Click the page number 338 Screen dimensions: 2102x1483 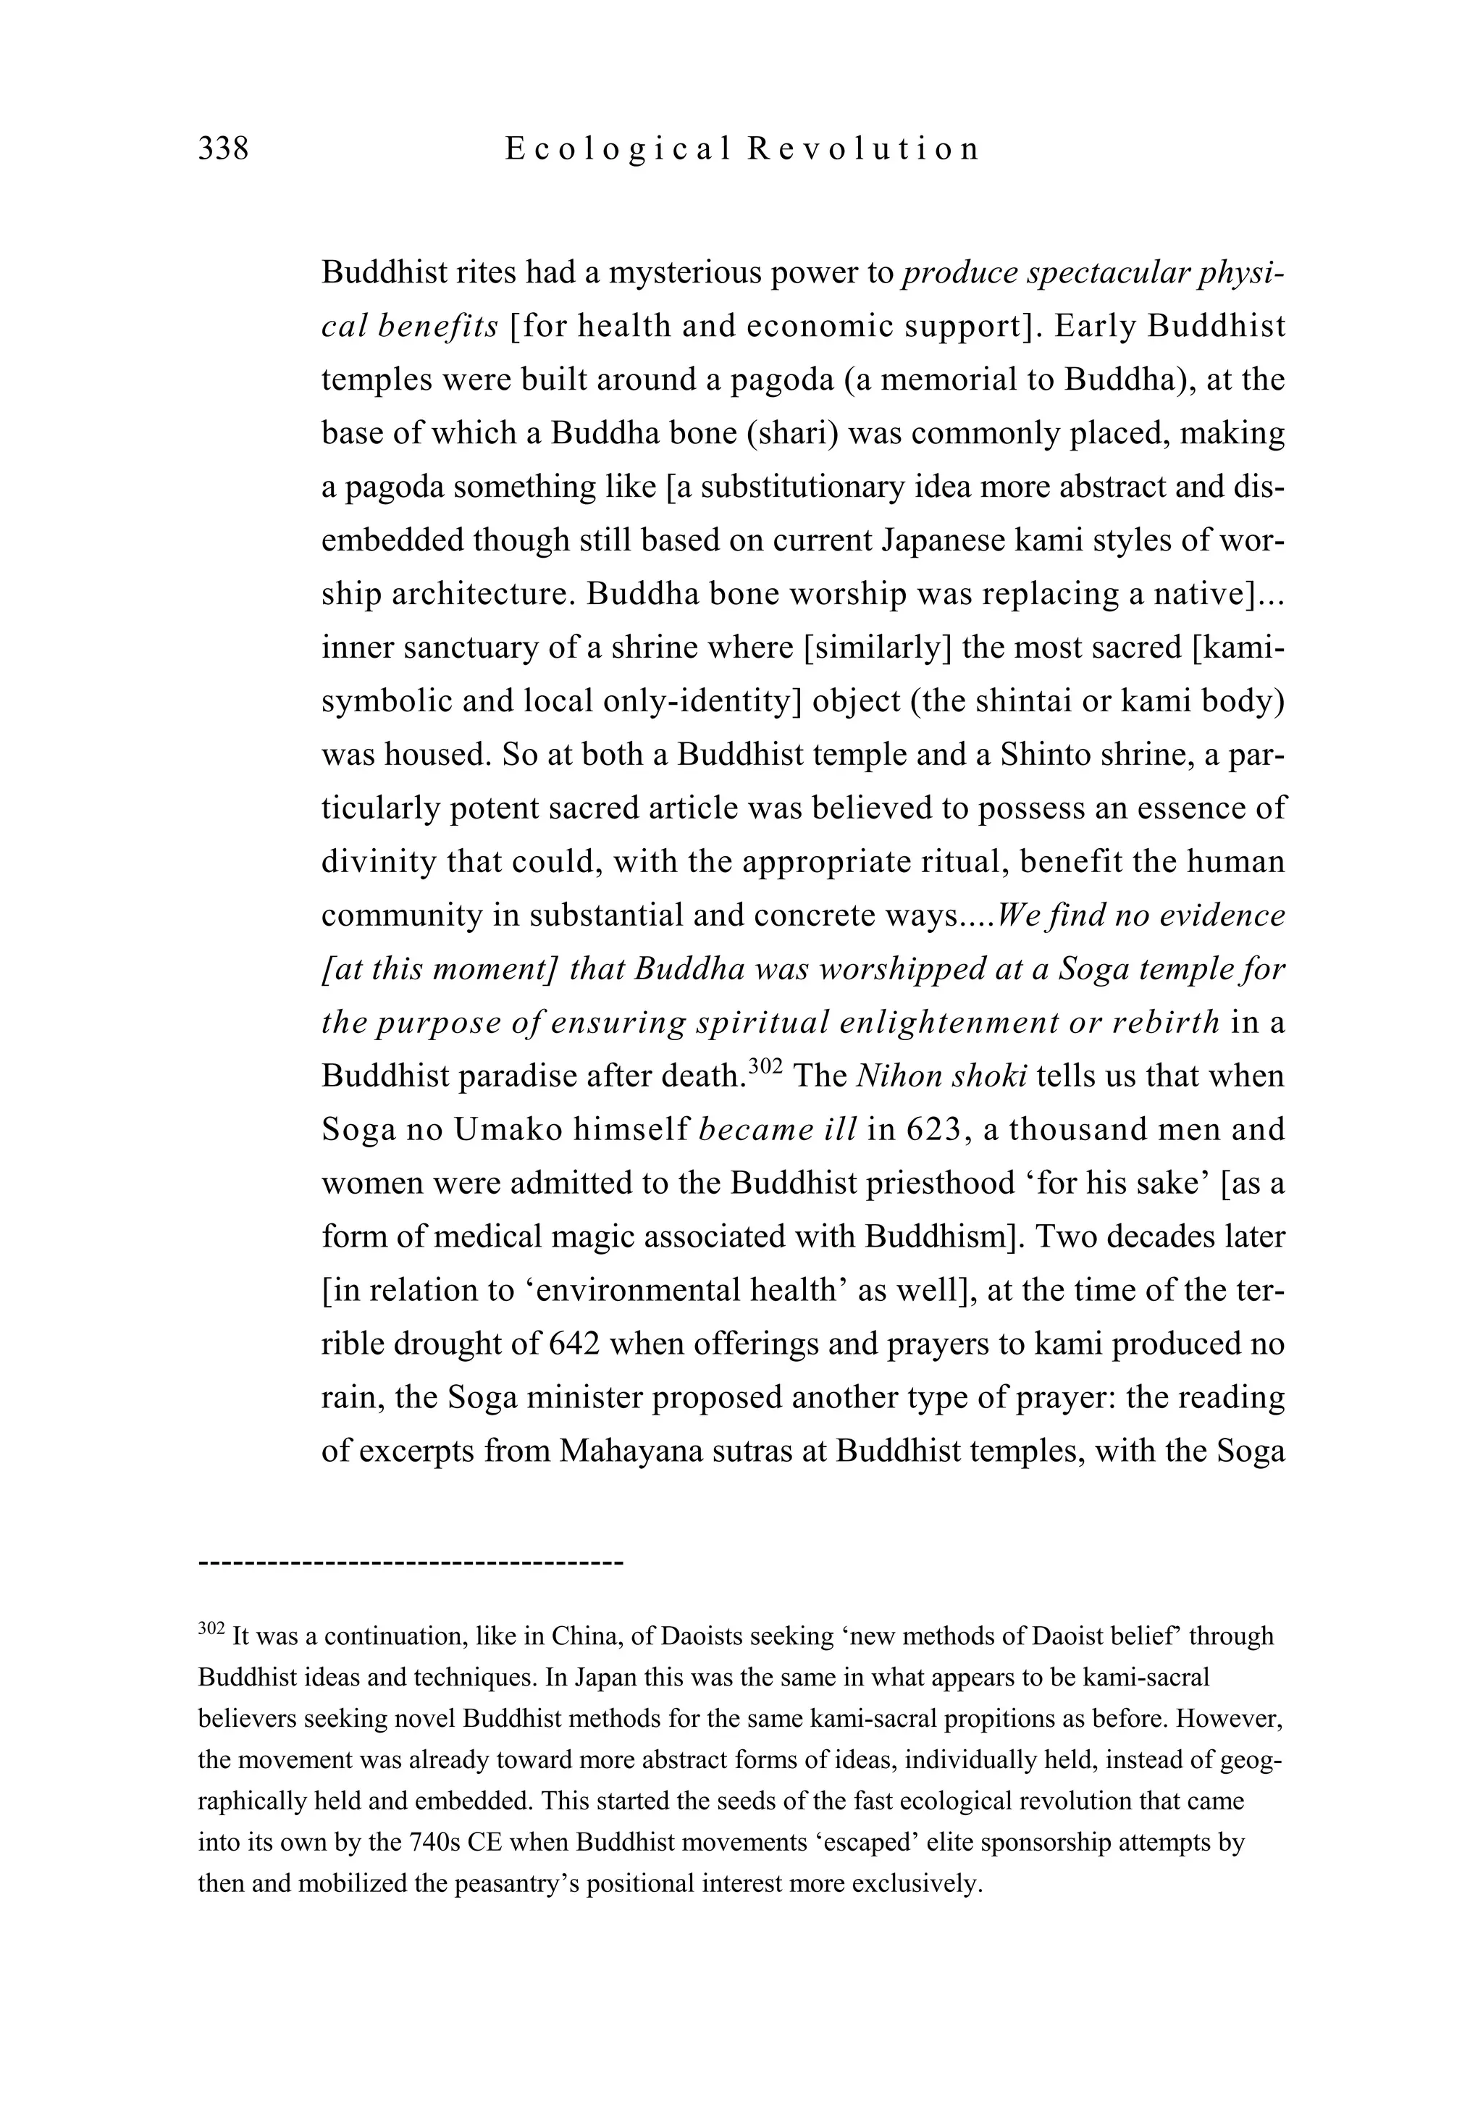point(223,148)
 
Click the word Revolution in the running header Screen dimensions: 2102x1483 point(863,148)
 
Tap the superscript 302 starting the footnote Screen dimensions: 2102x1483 point(211,1629)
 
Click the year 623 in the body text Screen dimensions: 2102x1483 point(933,1130)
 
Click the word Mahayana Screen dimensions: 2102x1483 point(630,1451)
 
